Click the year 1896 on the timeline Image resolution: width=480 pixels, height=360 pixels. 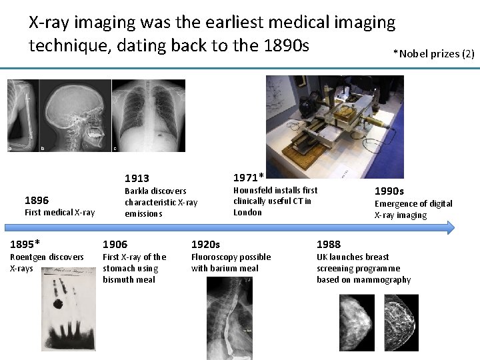(x=36, y=200)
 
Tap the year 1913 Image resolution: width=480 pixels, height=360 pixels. (x=137, y=178)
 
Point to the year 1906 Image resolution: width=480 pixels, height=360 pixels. (x=115, y=244)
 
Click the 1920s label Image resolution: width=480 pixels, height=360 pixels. (x=205, y=244)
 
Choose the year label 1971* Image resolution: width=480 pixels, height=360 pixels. (x=248, y=177)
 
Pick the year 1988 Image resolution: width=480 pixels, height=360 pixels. (x=329, y=244)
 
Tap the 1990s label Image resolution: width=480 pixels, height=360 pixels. (x=389, y=191)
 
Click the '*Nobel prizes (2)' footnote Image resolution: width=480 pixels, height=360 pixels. (x=433, y=53)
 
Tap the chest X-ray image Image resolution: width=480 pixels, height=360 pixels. (x=149, y=115)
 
